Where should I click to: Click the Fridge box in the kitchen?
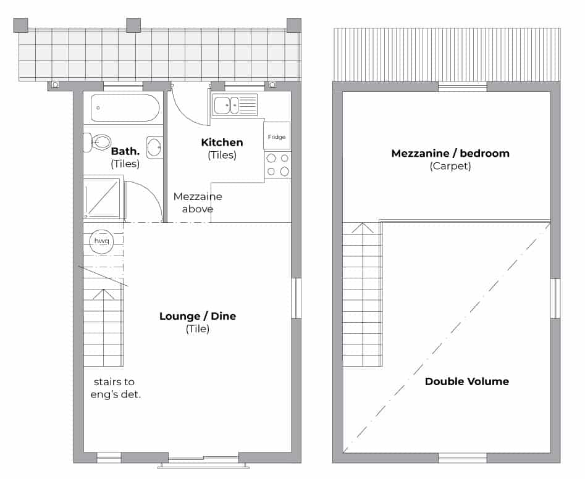pyautogui.click(x=277, y=136)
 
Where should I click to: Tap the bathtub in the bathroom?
pyautogui.click(x=125, y=108)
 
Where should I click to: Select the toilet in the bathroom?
pyautogui.click(x=98, y=143)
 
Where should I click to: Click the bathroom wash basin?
pyautogui.click(x=154, y=148)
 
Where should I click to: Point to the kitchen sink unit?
pyautogui.click(x=235, y=105)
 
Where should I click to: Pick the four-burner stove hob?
pyautogui.click(x=277, y=165)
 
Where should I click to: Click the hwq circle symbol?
pyautogui.click(x=101, y=241)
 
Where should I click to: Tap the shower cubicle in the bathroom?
pyautogui.click(x=102, y=198)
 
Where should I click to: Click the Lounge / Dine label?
pyautogui.click(x=198, y=316)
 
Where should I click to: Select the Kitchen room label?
pyautogui.click(x=222, y=142)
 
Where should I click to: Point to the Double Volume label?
pyautogui.click(x=467, y=381)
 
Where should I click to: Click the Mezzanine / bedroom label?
pyautogui.click(x=450, y=153)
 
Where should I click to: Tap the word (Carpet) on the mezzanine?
pyautogui.click(x=450, y=166)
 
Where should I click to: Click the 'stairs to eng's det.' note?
pyautogui.click(x=116, y=388)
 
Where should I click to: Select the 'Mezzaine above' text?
pyautogui.click(x=198, y=202)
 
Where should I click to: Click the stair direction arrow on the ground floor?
pyautogui.click(x=103, y=294)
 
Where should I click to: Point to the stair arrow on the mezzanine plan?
pyautogui.click(x=362, y=228)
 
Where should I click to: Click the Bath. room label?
pyautogui.click(x=125, y=151)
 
